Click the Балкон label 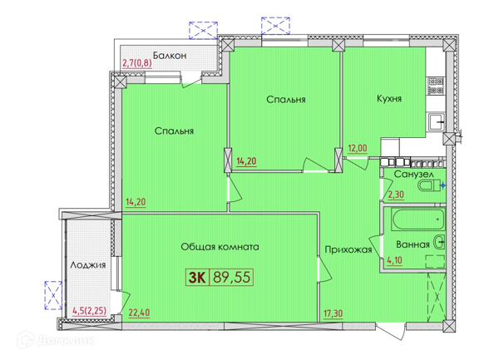(170, 56)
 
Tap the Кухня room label (389, 98)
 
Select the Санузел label (413, 175)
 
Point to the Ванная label (413, 244)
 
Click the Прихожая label (348, 249)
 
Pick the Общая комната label (220, 247)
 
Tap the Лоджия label (88, 265)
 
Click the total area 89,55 (231, 277)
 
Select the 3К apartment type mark (197, 278)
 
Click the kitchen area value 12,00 (358, 148)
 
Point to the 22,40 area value (139, 313)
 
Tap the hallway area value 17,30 (333, 313)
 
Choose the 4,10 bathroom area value (394, 260)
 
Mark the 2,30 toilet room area (396, 194)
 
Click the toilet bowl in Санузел (429, 185)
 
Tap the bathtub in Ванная (418, 219)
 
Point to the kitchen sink (437, 122)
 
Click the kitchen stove (436, 86)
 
